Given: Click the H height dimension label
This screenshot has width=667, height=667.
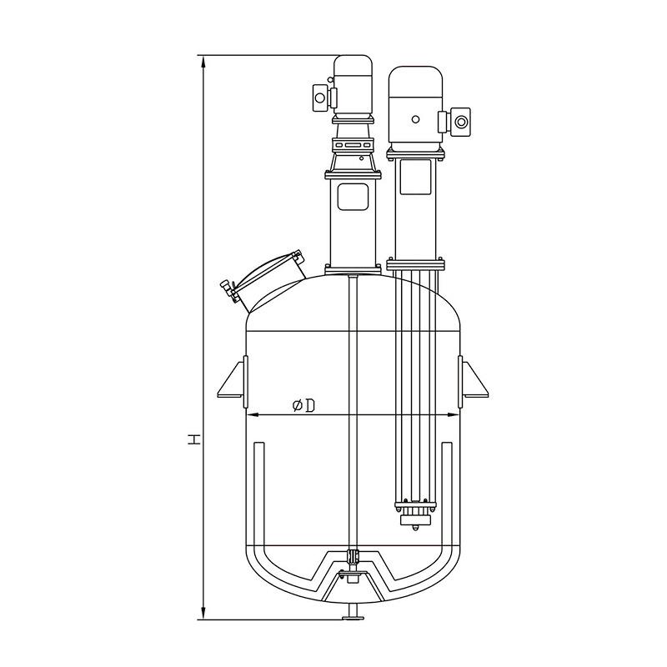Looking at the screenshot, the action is click(x=195, y=439).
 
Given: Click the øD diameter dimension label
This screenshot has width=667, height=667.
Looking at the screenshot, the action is click(x=303, y=406).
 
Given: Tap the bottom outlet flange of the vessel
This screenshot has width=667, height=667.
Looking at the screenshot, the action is click(x=353, y=618).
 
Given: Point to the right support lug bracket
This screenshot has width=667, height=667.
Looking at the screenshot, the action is click(x=473, y=382).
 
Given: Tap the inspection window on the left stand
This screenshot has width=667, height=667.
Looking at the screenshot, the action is click(x=353, y=197).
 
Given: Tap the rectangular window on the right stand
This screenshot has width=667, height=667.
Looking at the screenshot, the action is click(x=415, y=177).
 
